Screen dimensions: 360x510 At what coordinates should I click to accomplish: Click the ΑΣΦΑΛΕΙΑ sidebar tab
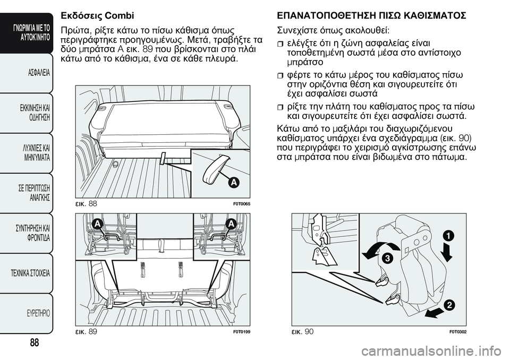35,73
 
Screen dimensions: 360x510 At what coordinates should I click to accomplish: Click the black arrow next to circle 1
447,253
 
